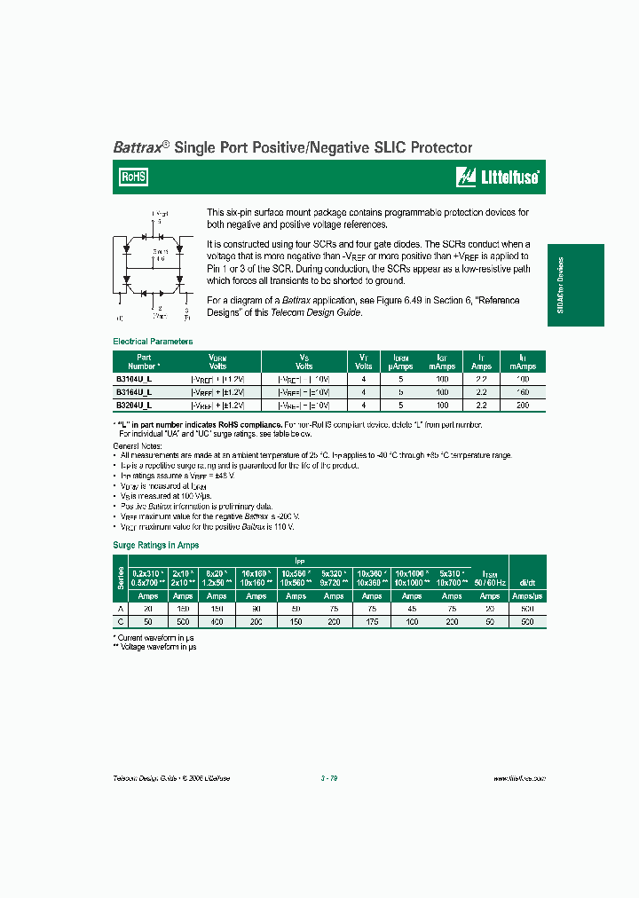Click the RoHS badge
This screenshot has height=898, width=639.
click(x=135, y=177)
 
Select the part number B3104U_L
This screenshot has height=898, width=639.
click(x=133, y=378)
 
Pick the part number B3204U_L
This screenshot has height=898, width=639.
click(x=133, y=404)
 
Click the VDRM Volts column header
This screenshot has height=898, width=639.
click(x=217, y=361)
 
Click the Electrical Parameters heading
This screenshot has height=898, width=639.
click(x=153, y=342)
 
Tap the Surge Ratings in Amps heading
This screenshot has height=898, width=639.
click(x=156, y=545)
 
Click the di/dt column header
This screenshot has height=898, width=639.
click(x=527, y=581)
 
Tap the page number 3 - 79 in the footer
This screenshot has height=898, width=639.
click(x=328, y=777)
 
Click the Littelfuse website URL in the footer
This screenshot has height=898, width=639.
click(x=518, y=777)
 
